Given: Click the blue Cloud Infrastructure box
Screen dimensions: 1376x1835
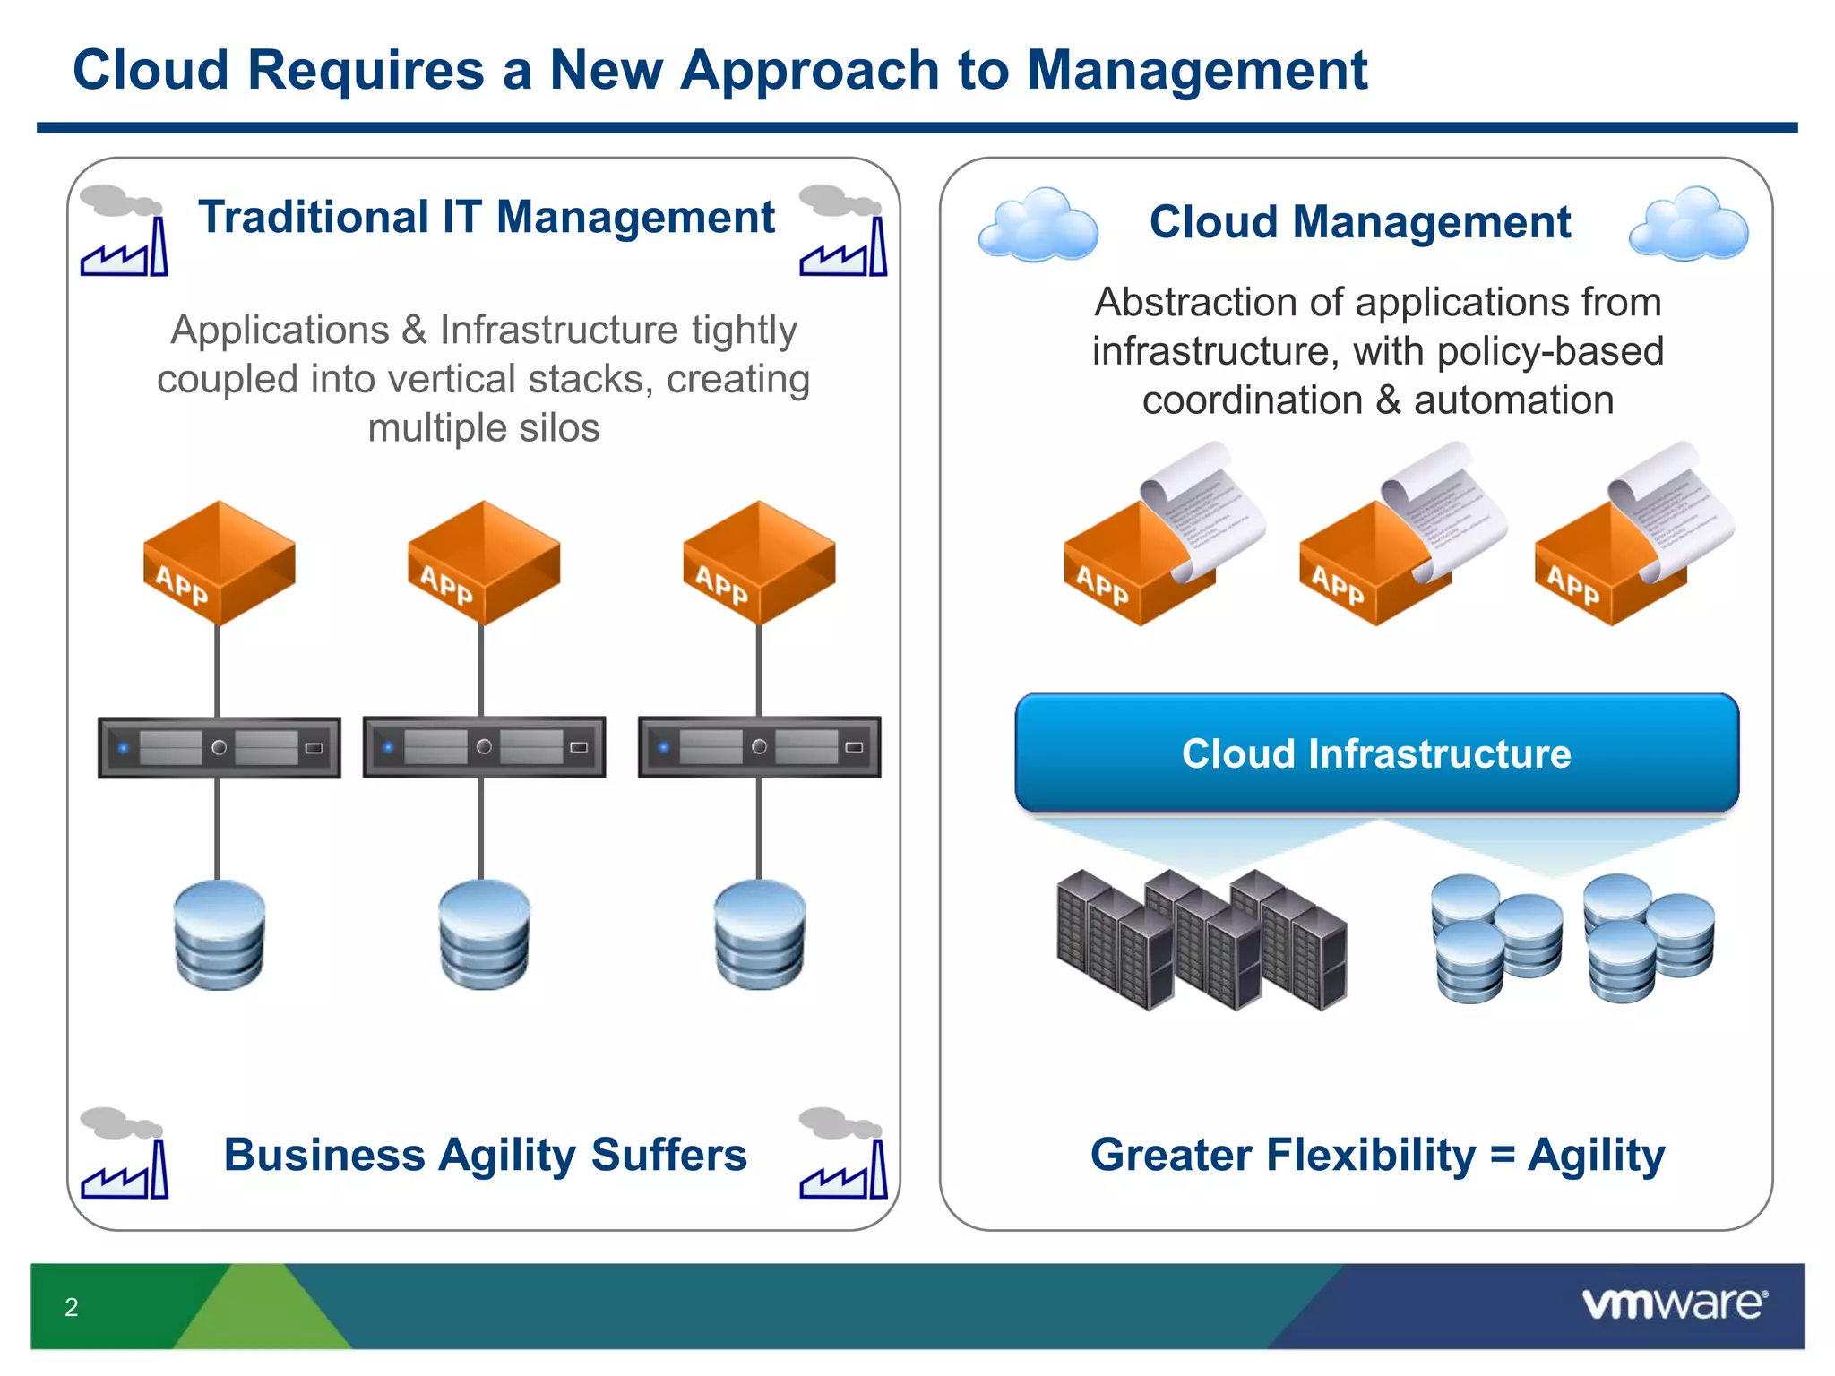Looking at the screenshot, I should [x=1376, y=752].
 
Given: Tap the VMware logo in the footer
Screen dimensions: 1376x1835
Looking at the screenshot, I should [x=1674, y=1303].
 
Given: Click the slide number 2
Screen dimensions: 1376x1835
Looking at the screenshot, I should [x=72, y=1307].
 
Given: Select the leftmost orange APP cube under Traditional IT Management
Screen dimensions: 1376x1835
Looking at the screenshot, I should [x=219, y=563].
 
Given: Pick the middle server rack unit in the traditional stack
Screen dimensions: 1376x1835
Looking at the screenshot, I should [x=484, y=746].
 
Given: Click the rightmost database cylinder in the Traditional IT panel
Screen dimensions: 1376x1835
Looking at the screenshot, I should [x=759, y=933].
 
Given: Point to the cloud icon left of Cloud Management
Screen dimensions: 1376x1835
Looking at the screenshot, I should [x=1038, y=225].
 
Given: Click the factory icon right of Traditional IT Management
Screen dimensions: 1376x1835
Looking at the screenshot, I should [x=842, y=231].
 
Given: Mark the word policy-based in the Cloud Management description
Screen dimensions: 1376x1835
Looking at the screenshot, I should [x=1550, y=351].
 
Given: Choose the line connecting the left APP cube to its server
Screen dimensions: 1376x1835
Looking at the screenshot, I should [x=218, y=670].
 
